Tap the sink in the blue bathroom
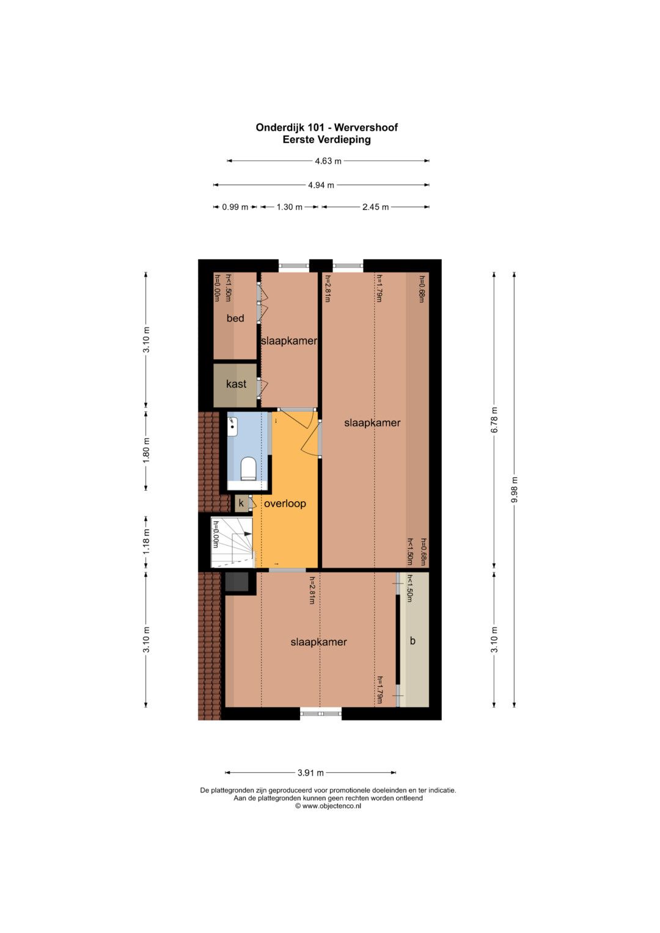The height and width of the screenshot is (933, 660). click(232, 426)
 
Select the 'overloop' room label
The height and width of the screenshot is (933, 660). click(285, 503)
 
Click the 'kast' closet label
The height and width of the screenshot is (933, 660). click(236, 384)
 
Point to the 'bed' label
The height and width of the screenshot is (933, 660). click(235, 318)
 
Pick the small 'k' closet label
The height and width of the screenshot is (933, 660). click(241, 503)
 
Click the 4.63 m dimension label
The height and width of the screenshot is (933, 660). click(328, 161)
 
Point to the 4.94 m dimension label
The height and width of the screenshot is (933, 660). click(321, 185)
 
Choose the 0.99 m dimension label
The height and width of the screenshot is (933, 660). click(235, 207)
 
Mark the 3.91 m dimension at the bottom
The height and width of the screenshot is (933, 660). click(310, 773)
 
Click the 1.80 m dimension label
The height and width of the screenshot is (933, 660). click(145, 450)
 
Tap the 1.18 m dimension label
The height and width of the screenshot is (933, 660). click(145, 542)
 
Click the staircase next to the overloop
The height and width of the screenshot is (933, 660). click(232, 543)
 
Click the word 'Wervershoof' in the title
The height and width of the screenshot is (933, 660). click(366, 128)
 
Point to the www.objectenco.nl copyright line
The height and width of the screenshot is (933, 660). click(328, 806)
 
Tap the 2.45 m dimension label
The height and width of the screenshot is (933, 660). click(375, 207)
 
